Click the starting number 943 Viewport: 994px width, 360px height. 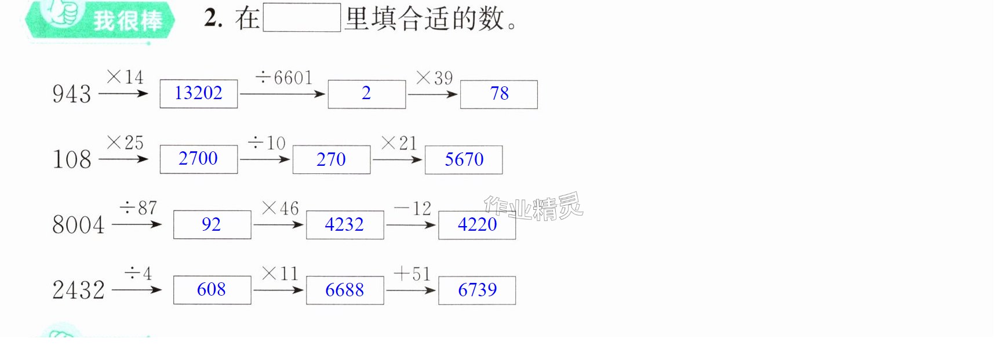[72, 94]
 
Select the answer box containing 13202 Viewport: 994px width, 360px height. [199, 94]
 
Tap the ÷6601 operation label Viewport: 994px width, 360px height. [284, 78]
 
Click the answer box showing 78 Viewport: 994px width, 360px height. [499, 94]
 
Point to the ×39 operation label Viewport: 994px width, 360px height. [434, 78]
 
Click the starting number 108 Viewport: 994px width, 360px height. [72, 159]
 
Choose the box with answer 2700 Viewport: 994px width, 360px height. [199, 159]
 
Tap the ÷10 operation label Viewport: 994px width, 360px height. [267, 143]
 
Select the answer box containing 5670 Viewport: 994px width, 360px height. [464, 160]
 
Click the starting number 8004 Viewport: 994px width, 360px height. [78, 225]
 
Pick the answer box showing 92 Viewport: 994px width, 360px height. [212, 225]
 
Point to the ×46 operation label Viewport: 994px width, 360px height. [280, 208]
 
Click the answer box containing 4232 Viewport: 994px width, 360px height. [345, 225]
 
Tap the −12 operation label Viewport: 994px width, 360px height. [413, 208]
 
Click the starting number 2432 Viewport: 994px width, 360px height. [78, 290]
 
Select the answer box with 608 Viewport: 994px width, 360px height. [212, 290]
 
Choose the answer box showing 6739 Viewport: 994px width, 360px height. [477, 290]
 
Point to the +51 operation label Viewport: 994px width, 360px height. [412, 274]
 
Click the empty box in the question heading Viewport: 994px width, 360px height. [302, 17]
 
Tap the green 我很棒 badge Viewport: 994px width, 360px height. [100, 20]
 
